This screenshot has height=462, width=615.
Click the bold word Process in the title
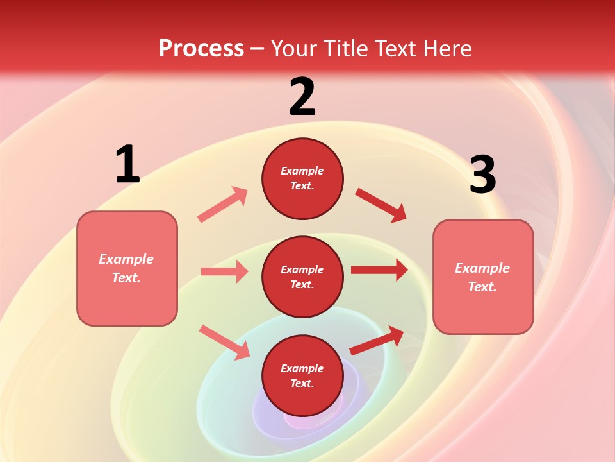(x=201, y=49)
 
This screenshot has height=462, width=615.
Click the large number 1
(x=127, y=165)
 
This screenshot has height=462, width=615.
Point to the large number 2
(x=302, y=97)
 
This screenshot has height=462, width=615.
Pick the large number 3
(x=482, y=175)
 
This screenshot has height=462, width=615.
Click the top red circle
(x=302, y=178)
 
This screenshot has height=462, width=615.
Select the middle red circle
(x=302, y=277)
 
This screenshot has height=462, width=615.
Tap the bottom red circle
(x=302, y=376)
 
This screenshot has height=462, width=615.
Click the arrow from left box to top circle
(x=223, y=204)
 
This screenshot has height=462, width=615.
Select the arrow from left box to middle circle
(x=225, y=271)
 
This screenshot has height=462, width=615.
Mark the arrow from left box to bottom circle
(x=225, y=342)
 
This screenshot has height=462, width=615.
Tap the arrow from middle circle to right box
(x=379, y=270)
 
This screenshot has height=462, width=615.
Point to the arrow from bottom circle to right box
(x=377, y=340)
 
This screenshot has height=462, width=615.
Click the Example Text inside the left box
(x=126, y=268)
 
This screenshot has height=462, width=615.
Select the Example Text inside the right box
(x=482, y=277)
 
